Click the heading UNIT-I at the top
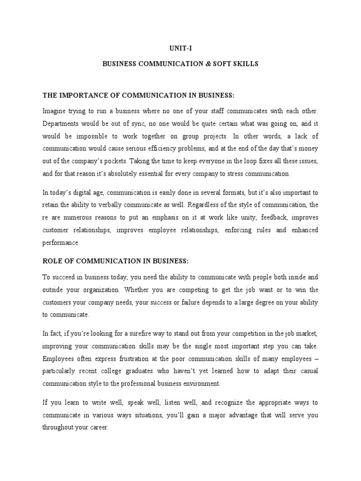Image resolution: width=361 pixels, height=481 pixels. [180, 48]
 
